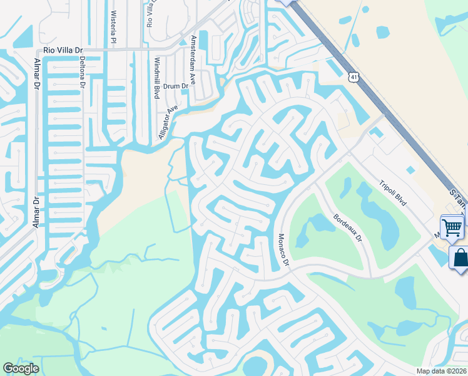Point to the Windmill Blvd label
click(156, 78)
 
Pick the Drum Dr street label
click(176, 86)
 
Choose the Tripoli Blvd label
click(393, 194)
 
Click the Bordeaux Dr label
click(348, 229)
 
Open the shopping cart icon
click(452, 227)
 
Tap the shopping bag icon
click(460, 257)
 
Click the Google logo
click(21, 368)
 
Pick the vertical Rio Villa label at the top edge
click(150, 14)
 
